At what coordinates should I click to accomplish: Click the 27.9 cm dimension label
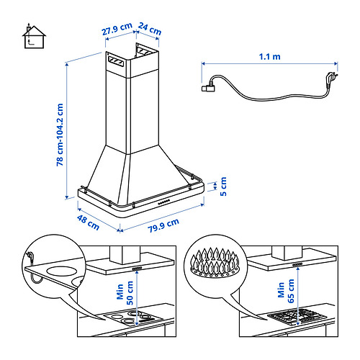117,29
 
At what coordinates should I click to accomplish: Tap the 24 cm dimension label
150,29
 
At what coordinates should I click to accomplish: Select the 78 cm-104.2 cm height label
60,135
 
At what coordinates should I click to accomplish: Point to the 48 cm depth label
88,222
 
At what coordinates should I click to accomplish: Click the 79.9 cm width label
163,225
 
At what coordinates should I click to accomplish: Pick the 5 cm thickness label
223,186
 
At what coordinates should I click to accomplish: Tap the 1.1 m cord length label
269,57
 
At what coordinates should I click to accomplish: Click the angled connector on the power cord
208,87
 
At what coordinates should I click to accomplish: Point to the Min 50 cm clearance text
125,293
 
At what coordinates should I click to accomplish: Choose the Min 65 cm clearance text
286,291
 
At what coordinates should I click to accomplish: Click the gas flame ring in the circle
215,262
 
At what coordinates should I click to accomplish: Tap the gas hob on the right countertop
297,317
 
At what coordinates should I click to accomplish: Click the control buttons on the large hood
164,202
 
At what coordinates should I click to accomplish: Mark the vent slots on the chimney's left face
116,61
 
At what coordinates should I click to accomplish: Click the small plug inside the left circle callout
30,254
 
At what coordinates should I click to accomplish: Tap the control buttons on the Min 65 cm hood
297,264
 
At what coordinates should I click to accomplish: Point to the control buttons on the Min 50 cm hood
138,269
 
